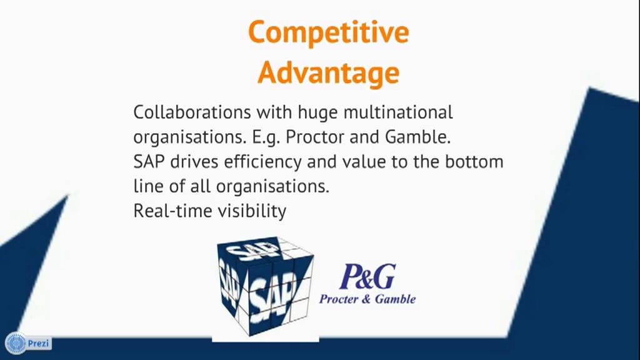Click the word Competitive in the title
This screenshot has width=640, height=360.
(x=328, y=32)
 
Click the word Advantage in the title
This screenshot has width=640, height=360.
(x=328, y=72)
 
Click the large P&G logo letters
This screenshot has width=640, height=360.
(x=367, y=276)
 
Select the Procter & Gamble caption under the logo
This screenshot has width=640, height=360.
(x=367, y=299)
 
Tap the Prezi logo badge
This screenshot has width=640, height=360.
(x=29, y=343)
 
